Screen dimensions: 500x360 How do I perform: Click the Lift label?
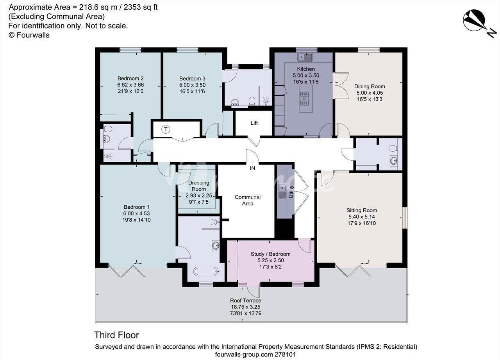click(x=254, y=123)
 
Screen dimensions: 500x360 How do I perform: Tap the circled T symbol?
click(x=166, y=129)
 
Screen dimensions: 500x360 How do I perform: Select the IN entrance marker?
click(x=252, y=168)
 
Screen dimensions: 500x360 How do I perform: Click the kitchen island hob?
click(x=304, y=99)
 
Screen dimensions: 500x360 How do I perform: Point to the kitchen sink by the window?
click(x=305, y=57)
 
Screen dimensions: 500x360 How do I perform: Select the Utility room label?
click(x=291, y=192)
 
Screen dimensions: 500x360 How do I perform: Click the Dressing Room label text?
click(x=199, y=186)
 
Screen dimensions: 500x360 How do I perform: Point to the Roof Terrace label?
click(x=246, y=300)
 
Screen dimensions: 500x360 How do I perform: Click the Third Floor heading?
click(x=116, y=335)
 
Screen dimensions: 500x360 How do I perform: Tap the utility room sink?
click(x=282, y=192)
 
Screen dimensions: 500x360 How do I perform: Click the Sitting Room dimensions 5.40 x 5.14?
click(x=362, y=217)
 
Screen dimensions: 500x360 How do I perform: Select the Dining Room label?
click(x=370, y=86)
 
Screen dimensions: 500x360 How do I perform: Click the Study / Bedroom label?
click(x=271, y=254)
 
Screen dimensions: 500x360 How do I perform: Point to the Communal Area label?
click(x=248, y=200)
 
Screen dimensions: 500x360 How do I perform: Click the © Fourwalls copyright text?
click(x=29, y=35)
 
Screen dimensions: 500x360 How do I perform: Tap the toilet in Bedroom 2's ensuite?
click(x=108, y=129)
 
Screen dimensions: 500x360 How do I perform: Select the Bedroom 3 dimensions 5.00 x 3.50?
click(x=192, y=85)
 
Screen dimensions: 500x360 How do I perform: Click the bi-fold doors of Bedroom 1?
click(x=127, y=270)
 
